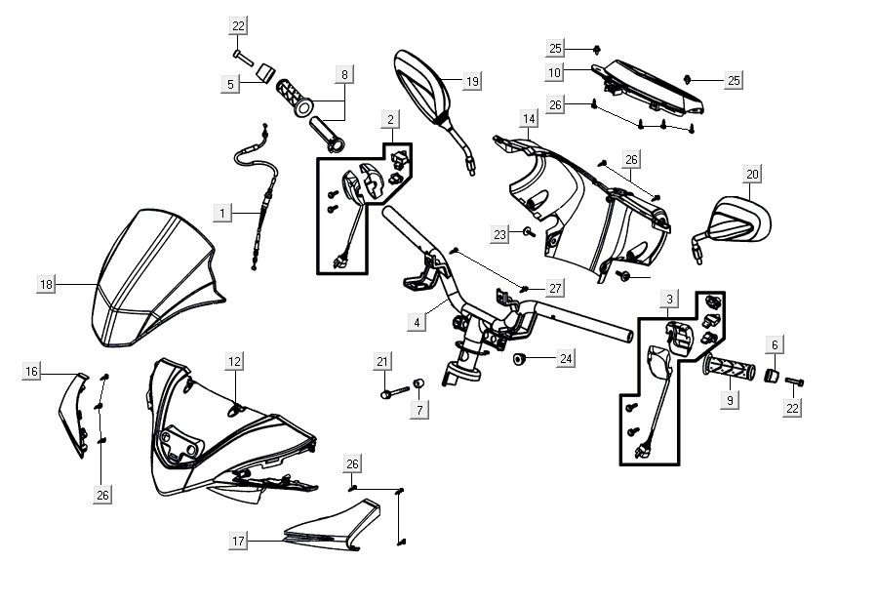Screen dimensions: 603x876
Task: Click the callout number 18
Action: (x=46, y=284)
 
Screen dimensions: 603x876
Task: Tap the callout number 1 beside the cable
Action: (x=222, y=212)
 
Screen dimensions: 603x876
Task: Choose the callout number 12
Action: (x=234, y=362)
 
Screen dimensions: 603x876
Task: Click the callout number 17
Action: (x=238, y=540)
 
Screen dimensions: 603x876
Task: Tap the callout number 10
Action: (x=554, y=72)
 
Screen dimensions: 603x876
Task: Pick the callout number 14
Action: (x=529, y=120)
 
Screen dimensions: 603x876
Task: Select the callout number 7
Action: (x=420, y=410)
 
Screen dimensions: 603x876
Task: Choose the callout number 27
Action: (x=554, y=289)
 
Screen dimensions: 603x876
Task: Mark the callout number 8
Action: (x=343, y=73)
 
